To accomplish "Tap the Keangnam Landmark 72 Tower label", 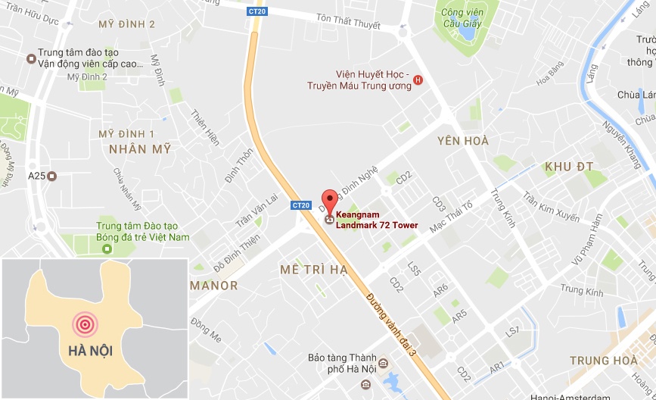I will pos(376,220).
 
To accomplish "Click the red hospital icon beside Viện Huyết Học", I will pos(418,80).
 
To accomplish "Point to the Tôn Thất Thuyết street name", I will pos(348,24).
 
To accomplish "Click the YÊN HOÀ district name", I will pos(463,141).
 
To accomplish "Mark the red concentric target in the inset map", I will pos(85,324).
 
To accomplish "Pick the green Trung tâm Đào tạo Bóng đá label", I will pos(142,231).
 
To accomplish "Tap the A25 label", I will pos(36,176).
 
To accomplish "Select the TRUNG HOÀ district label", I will pos(605,360).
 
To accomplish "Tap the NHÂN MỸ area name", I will pos(140,149).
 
